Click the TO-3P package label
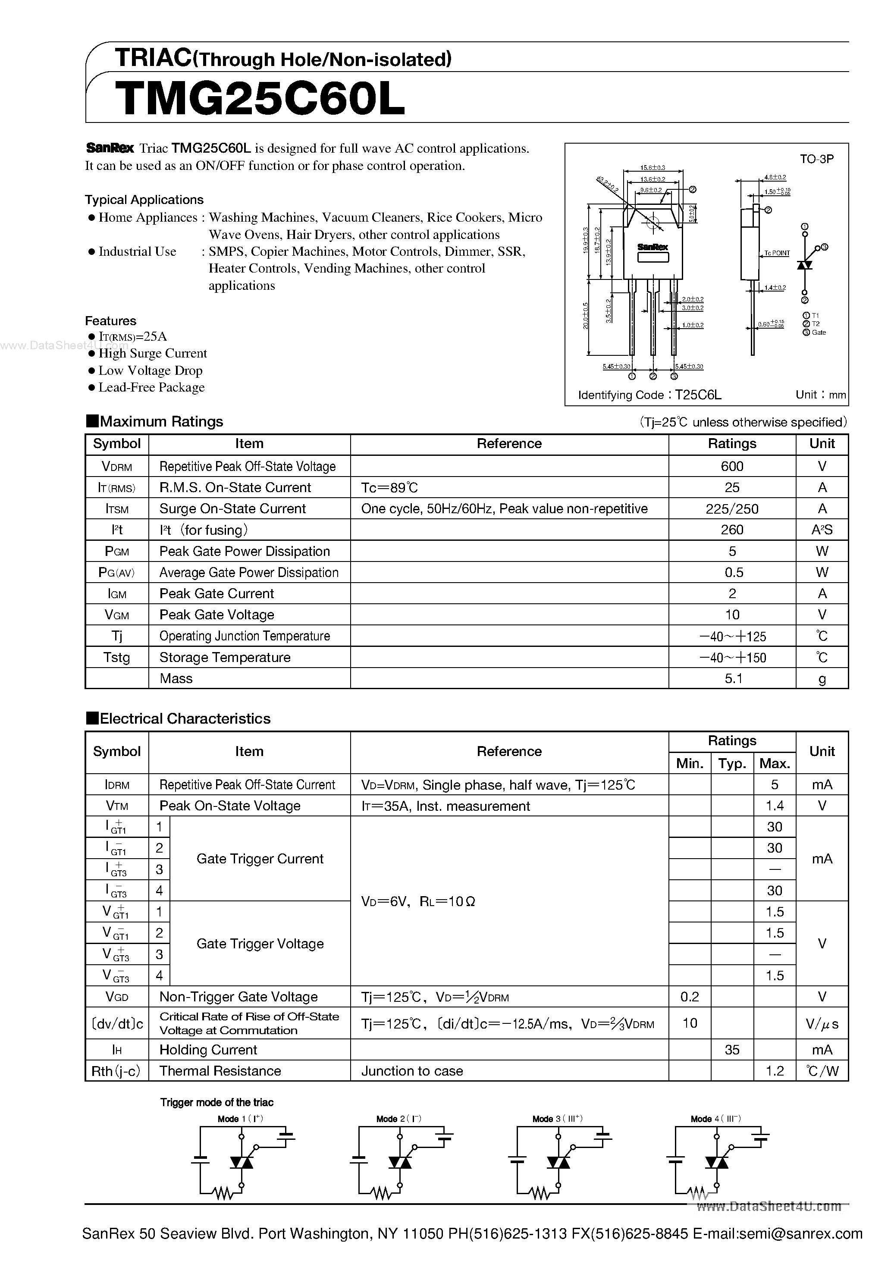816,159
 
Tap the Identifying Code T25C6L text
649,395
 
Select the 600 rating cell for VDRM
732,466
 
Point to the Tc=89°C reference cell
389,488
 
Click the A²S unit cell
822,530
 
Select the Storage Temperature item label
225,657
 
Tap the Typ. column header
732,763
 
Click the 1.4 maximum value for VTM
774,806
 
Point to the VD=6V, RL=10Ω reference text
417,901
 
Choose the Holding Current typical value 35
732,1050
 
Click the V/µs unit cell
822,1024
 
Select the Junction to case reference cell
412,1071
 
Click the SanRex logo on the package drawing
653,247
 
